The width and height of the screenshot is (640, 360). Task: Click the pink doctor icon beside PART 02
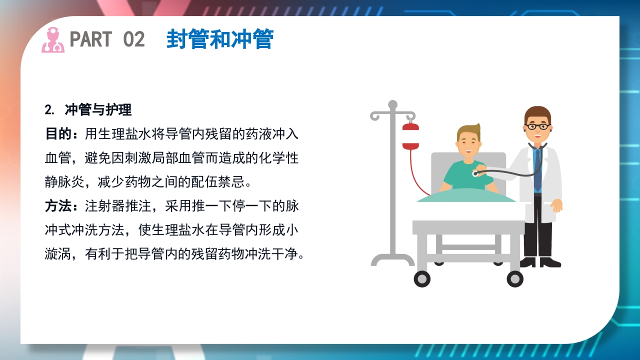[52, 40]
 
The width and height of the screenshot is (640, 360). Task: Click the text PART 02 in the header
[107, 39]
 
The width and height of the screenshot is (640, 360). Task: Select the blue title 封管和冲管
[219, 39]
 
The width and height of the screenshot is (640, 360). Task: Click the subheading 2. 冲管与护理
[88, 109]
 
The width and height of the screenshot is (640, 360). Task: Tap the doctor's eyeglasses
[537, 126]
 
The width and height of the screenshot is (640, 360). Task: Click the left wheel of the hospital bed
[422, 279]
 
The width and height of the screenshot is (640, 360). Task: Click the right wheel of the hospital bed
[514, 279]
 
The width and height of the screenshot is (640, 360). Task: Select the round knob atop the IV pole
[392, 104]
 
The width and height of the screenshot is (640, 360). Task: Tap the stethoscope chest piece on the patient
[476, 173]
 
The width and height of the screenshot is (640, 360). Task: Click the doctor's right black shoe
[551, 262]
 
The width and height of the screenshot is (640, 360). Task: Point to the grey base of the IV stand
[392, 260]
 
